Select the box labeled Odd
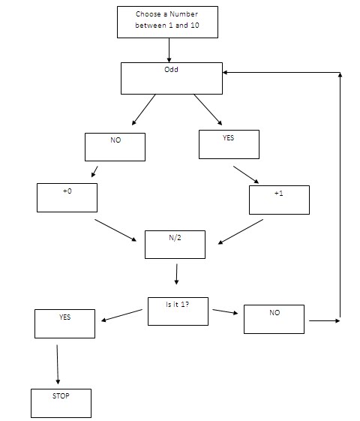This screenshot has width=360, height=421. [172, 78]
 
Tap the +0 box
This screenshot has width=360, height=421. [67, 197]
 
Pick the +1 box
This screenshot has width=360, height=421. [279, 199]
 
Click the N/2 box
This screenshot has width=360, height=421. [175, 244]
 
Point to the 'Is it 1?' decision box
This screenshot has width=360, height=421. [178, 311]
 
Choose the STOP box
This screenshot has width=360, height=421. [61, 403]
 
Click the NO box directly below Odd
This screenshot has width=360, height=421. [115, 146]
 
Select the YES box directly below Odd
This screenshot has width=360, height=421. [229, 144]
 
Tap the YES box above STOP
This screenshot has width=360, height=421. [64, 323]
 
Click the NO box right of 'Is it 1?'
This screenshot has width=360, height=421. [274, 319]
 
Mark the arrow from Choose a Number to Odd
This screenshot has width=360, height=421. [169, 50]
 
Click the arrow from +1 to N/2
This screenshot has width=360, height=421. [240, 232]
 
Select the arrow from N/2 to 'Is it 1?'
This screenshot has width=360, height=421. [176, 274]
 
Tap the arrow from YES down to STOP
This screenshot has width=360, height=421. [58, 362]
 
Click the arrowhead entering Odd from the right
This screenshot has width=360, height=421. [227, 73]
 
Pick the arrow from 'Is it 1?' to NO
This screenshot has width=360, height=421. [225, 311]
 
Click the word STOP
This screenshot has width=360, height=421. [61, 395]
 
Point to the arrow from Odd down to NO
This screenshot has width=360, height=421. [143, 110]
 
